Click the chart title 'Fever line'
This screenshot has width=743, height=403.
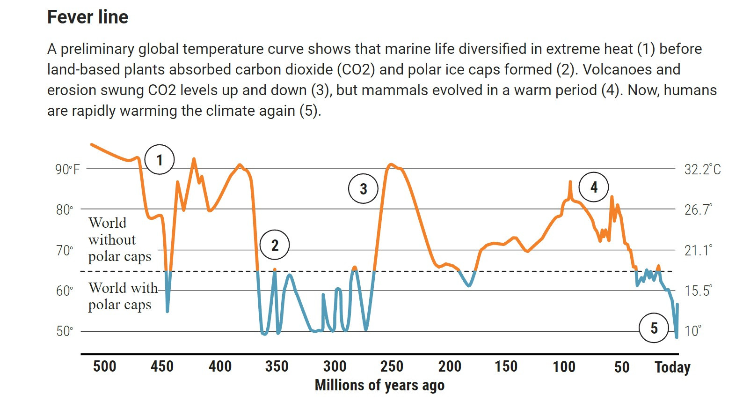[x=87, y=17]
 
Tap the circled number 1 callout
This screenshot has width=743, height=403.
[x=160, y=160]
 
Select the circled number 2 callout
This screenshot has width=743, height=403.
[x=275, y=245]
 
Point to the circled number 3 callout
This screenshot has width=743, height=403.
[x=363, y=189]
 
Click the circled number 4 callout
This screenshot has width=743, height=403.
[x=594, y=187]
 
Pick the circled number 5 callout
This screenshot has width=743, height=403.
[x=654, y=328]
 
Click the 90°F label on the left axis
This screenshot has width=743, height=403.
[x=67, y=169]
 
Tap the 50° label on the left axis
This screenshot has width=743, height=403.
[x=65, y=331]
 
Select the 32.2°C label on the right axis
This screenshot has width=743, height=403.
[x=702, y=169]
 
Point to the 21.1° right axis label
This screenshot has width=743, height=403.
[x=699, y=250]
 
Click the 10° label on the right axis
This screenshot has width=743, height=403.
[x=693, y=331]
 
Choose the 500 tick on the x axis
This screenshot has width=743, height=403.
[x=104, y=366]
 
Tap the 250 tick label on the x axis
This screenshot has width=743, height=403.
[x=392, y=366]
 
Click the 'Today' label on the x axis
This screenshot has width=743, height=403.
[x=672, y=367]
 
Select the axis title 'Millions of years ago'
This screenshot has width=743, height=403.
[x=379, y=385]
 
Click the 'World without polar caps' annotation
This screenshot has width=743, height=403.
[x=119, y=239]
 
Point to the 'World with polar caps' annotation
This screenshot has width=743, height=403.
[x=123, y=296]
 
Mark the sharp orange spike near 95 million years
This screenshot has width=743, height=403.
[x=570, y=182]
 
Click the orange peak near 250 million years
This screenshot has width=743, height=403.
[x=391, y=164]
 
